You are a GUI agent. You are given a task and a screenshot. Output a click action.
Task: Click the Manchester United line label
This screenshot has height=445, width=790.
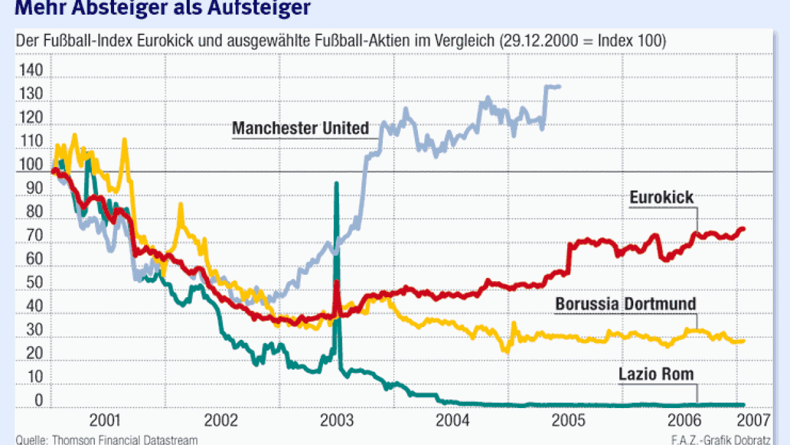click(x=300, y=128)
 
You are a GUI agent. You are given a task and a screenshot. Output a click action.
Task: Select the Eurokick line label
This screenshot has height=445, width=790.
click(x=662, y=198)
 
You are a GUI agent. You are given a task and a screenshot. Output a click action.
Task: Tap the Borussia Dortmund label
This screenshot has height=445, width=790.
click(x=626, y=303)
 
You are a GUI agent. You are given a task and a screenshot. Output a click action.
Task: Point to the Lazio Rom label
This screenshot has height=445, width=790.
click(x=656, y=374)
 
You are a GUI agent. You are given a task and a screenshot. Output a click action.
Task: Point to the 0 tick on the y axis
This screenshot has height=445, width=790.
click(x=38, y=400)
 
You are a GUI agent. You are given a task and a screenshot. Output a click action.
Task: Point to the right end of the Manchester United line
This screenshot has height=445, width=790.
click(x=559, y=86)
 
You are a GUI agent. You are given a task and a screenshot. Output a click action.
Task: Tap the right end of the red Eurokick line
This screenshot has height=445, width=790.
click(x=743, y=229)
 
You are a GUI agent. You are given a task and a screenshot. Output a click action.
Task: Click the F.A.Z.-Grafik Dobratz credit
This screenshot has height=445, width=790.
click(x=721, y=440)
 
